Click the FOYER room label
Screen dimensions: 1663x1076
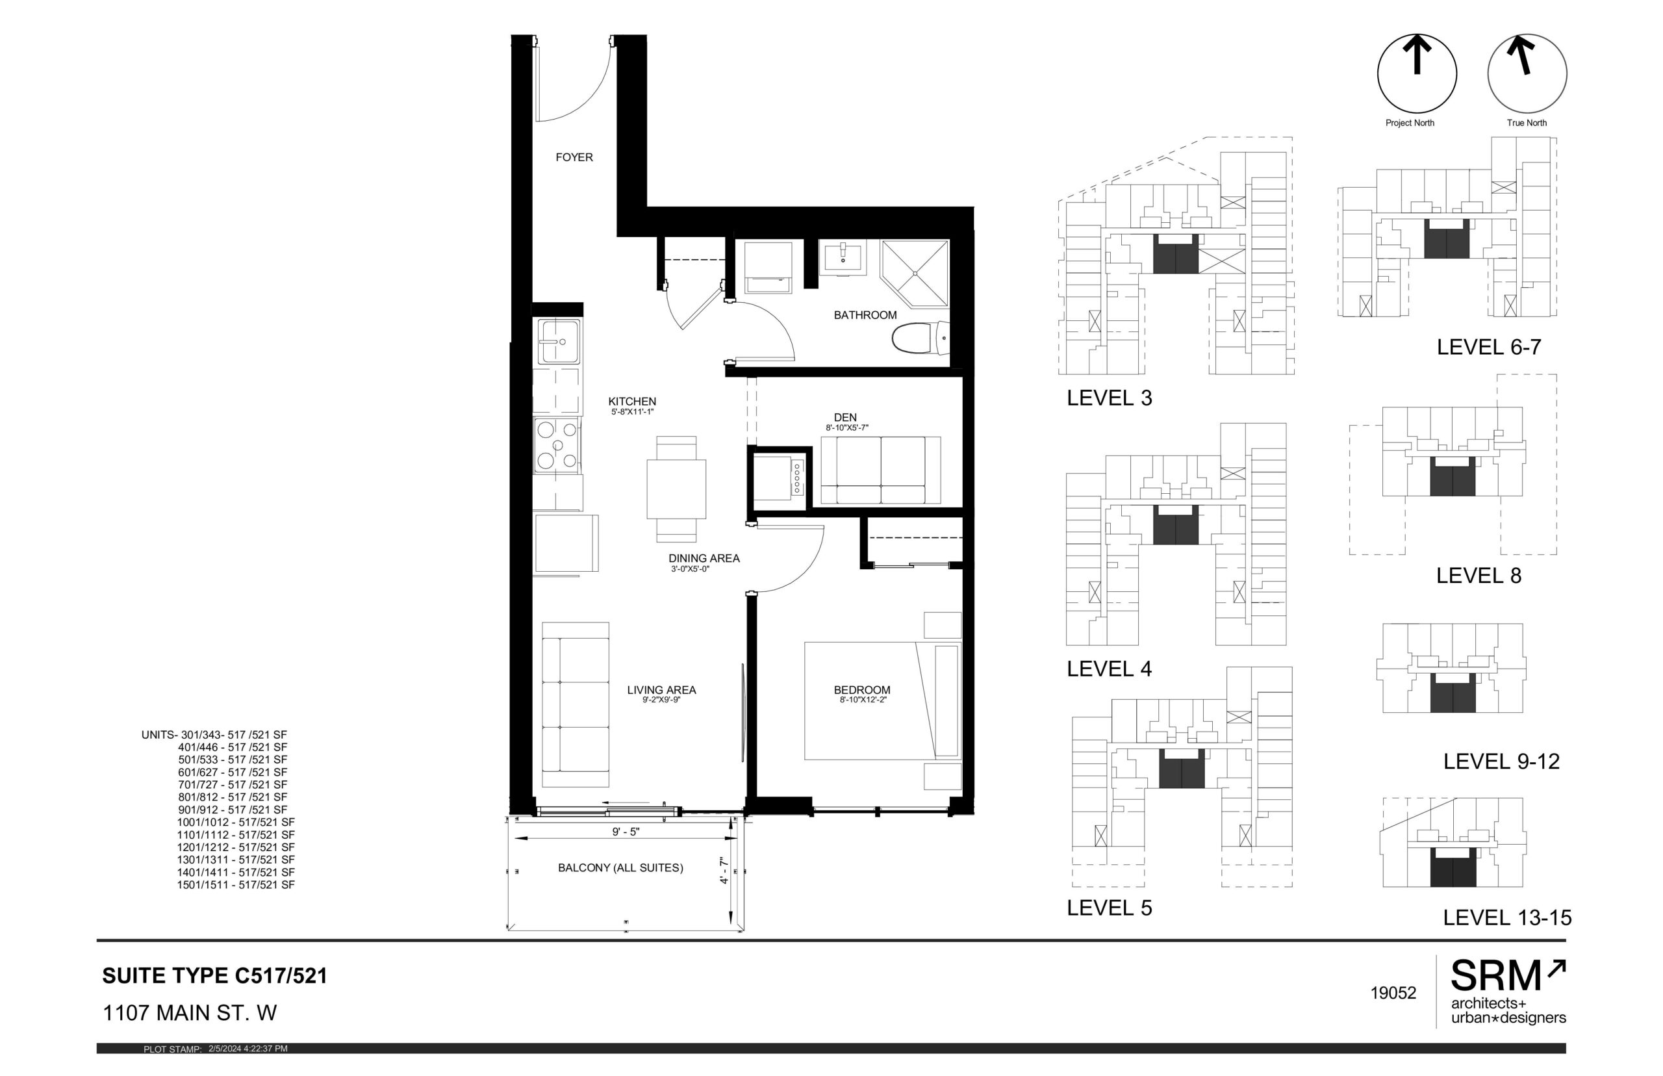pyautogui.click(x=574, y=157)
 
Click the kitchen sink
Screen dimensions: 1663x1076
pyautogui.click(x=557, y=342)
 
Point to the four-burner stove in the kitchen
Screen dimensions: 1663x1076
pyautogui.click(x=557, y=444)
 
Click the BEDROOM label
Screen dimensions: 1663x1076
pyautogui.click(x=862, y=689)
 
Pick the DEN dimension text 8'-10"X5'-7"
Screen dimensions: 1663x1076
pyautogui.click(x=846, y=428)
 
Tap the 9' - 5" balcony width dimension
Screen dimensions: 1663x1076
pyautogui.click(x=625, y=832)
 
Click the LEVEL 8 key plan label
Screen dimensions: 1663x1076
pyautogui.click(x=1478, y=575)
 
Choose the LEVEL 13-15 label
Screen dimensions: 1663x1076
pyautogui.click(x=1506, y=917)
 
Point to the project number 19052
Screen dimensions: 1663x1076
pyautogui.click(x=1393, y=993)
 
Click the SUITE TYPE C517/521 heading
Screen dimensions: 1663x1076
pyautogui.click(x=214, y=975)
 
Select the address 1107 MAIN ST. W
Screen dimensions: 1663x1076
pyautogui.click(x=190, y=1012)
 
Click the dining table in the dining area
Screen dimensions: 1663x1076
pyautogui.click(x=676, y=489)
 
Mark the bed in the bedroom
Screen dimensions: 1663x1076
pyautogui.click(x=883, y=701)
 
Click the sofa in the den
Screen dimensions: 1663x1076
pyautogui.click(x=880, y=470)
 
